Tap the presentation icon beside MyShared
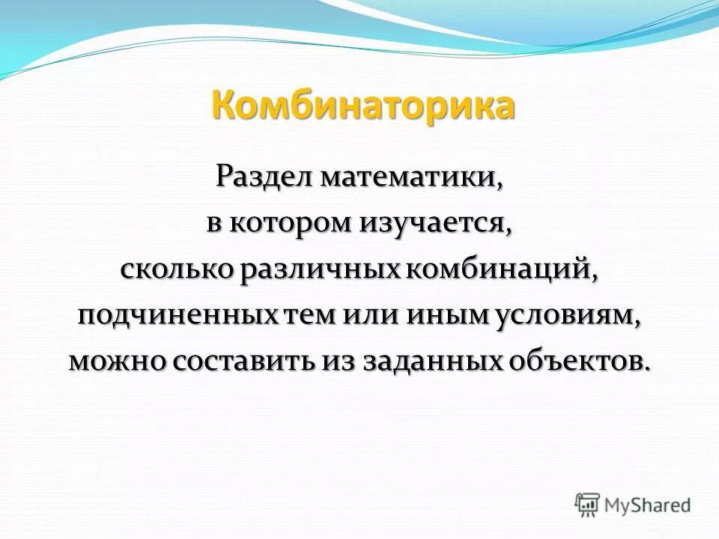point(588,504)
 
